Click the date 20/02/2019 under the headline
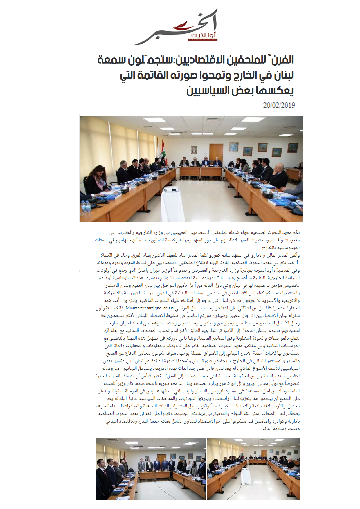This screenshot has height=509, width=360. click(x=279, y=105)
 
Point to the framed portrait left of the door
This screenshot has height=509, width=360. click(x=194, y=150)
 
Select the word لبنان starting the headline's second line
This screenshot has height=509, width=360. click(x=282, y=75)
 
